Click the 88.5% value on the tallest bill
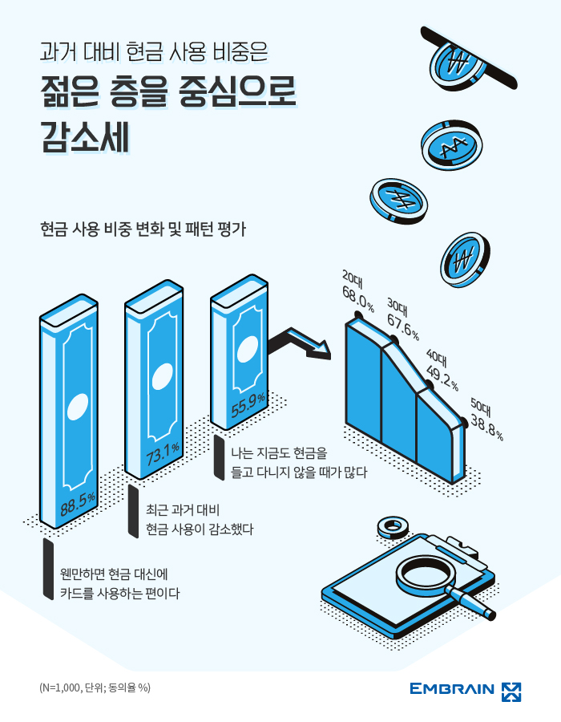[x=77, y=503]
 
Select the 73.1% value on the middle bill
[x=163, y=453]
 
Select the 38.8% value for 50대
[x=486, y=428]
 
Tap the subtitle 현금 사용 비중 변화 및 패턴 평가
[x=143, y=229]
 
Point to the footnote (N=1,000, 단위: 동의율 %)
[x=95, y=688]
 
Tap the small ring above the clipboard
[x=393, y=525]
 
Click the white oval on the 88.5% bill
[x=77, y=407]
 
